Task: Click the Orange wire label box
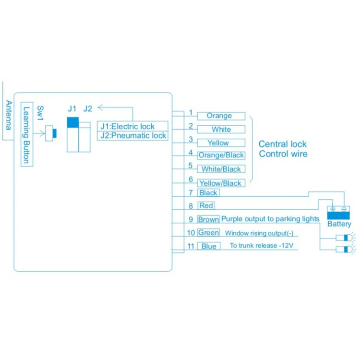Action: (x=219, y=116)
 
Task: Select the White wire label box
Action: (x=221, y=129)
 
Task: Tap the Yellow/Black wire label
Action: (x=221, y=183)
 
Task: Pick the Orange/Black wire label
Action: (x=221, y=155)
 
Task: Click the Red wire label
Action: (x=206, y=205)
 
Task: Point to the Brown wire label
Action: (x=208, y=219)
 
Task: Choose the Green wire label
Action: (x=208, y=233)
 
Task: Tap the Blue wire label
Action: (x=208, y=246)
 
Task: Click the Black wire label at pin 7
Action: (x=208, y=192)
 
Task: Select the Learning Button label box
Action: (x=27, y=135)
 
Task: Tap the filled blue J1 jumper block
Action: (x=72, y=123)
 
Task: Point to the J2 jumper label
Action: (x=87, y=108)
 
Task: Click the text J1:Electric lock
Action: (x=128, y=126)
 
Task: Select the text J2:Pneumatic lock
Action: (x=133, y=135)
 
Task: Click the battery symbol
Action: (x=339, y=212)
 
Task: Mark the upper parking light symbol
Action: (x=344, y=237)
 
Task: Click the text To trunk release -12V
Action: (x=261, y=246)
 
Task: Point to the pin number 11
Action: (x=191, y=246)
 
